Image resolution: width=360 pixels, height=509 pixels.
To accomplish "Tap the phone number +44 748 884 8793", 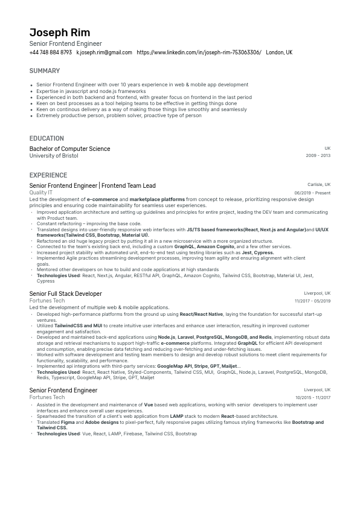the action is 50,53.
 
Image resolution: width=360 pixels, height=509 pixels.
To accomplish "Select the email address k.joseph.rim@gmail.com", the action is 104,53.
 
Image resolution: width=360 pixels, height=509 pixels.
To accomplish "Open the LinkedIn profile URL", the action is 199,53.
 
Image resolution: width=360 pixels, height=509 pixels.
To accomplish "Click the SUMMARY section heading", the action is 44,71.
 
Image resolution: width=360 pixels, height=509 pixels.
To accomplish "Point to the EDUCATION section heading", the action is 47,138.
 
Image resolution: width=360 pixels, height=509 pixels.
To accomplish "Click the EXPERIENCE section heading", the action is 48,175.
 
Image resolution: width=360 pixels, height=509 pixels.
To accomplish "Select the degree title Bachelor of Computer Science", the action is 69,149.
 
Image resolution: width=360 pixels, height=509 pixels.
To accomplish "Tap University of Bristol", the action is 54,156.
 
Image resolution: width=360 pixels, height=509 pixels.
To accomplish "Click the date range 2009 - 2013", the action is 318,156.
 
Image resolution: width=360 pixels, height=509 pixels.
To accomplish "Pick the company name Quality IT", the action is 40,193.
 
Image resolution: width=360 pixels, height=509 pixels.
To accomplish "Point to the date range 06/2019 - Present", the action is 312,193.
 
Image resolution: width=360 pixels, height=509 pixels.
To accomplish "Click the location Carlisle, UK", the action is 319,185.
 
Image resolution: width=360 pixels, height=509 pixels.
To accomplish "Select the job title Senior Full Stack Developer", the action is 66,293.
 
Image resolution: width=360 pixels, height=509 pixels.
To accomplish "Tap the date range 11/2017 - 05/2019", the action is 312,301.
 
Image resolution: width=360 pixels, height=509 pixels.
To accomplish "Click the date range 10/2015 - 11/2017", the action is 313,397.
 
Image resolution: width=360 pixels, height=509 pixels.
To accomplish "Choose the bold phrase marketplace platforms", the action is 157,199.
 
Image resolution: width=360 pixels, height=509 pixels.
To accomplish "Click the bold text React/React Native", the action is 201,314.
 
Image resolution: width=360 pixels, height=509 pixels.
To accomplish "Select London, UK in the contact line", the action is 279,53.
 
